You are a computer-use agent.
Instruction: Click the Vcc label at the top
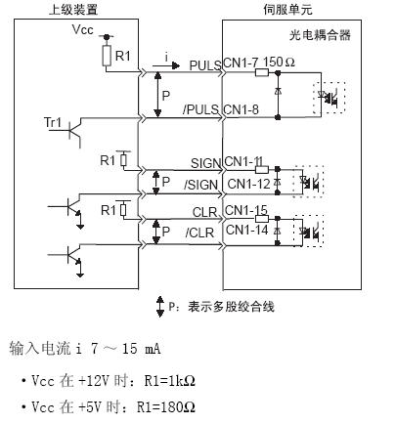point(82,29)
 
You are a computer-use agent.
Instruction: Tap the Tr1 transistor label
point(53,123)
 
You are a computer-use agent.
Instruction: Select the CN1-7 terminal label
point(241,63)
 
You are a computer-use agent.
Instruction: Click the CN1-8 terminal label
point(241,109)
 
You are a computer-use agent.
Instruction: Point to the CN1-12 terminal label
point(249,185)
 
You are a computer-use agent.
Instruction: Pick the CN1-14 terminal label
point(246,230)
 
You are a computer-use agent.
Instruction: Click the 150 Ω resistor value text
point(279,62)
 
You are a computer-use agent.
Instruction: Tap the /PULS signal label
point(200,109)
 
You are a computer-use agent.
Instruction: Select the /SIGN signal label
point(201,185)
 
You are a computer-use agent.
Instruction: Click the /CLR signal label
point(199,233)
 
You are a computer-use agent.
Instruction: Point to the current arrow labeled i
point(166,65)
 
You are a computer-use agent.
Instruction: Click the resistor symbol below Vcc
point(107,56)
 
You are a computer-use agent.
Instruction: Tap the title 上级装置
point(73,10)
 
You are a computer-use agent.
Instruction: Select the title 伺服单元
point(288,10)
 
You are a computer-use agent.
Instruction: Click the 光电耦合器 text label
point(320,35)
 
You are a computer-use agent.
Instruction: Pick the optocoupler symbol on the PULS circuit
point(329,98)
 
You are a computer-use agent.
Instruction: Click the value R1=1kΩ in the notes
point(170,380)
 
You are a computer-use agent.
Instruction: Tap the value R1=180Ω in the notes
point(166,407)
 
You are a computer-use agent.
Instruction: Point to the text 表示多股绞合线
point(231,307)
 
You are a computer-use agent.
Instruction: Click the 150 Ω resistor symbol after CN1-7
point(262,72)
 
